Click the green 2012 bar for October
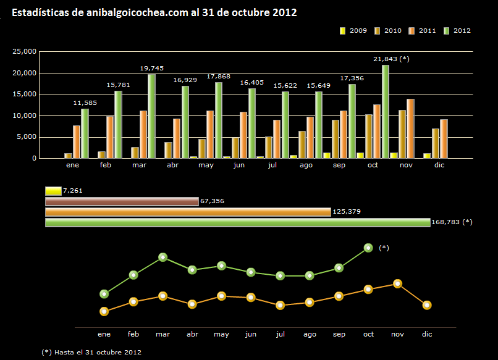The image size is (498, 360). click(x=385, y=112)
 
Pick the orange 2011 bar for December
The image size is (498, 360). click(x=444, y=139)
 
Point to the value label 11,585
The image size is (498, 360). click(x=85, y=103)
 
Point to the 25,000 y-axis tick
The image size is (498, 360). click(x=25, y=52)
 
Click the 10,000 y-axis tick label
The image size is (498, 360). click(x=25, y=115)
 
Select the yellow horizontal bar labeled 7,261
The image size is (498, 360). click(x=53, y=191)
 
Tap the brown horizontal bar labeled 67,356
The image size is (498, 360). click(x=122, y=201)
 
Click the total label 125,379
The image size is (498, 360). click(x=346, y=212)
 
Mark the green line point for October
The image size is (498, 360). click(x=368, y=248)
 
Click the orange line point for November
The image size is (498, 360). click(x=398, y=284)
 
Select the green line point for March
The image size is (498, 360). click(x=162, y=257)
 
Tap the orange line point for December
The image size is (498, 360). click(x=427, y=305)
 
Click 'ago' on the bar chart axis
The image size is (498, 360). click(x=306, y=166)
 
